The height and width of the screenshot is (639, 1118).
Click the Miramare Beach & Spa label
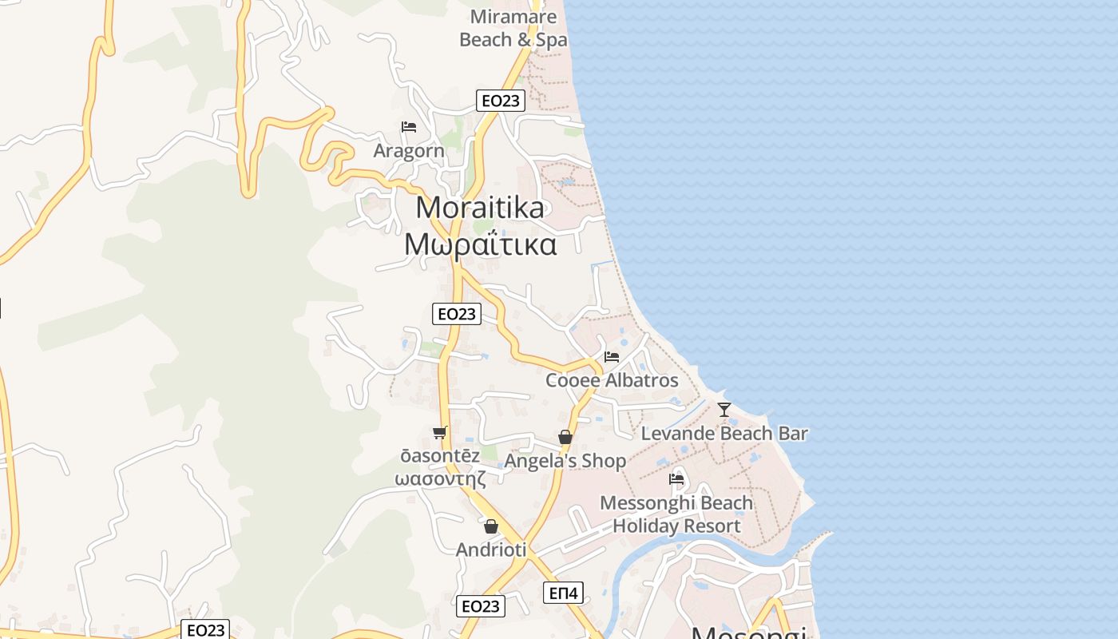(513, 28)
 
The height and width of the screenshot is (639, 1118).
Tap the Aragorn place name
(409, 151)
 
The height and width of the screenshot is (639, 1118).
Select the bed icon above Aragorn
(409, 127)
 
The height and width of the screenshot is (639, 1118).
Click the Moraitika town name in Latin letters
(480, 208)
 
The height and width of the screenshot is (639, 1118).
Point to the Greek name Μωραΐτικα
(480, 244)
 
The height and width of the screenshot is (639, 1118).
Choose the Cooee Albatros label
(612, 380)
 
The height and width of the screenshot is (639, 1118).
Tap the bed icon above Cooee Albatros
(612, 357)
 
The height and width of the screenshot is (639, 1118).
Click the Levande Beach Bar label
(724, 434)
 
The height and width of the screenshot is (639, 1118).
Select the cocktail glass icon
(724, 410)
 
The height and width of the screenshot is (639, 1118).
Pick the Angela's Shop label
(565, 461)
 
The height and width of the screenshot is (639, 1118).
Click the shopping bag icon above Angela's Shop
(565, 437)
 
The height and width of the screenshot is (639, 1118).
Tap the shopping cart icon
(440, 432)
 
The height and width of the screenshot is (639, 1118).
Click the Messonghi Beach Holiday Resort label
(676, 514)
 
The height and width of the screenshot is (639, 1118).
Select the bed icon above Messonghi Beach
(676, 479)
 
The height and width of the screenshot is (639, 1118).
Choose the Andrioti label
(491, 550)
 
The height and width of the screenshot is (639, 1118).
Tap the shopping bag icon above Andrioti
(491, 526)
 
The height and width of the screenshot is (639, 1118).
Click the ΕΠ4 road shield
(564, 593)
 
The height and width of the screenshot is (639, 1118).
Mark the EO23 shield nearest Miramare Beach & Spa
(501, 101)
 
